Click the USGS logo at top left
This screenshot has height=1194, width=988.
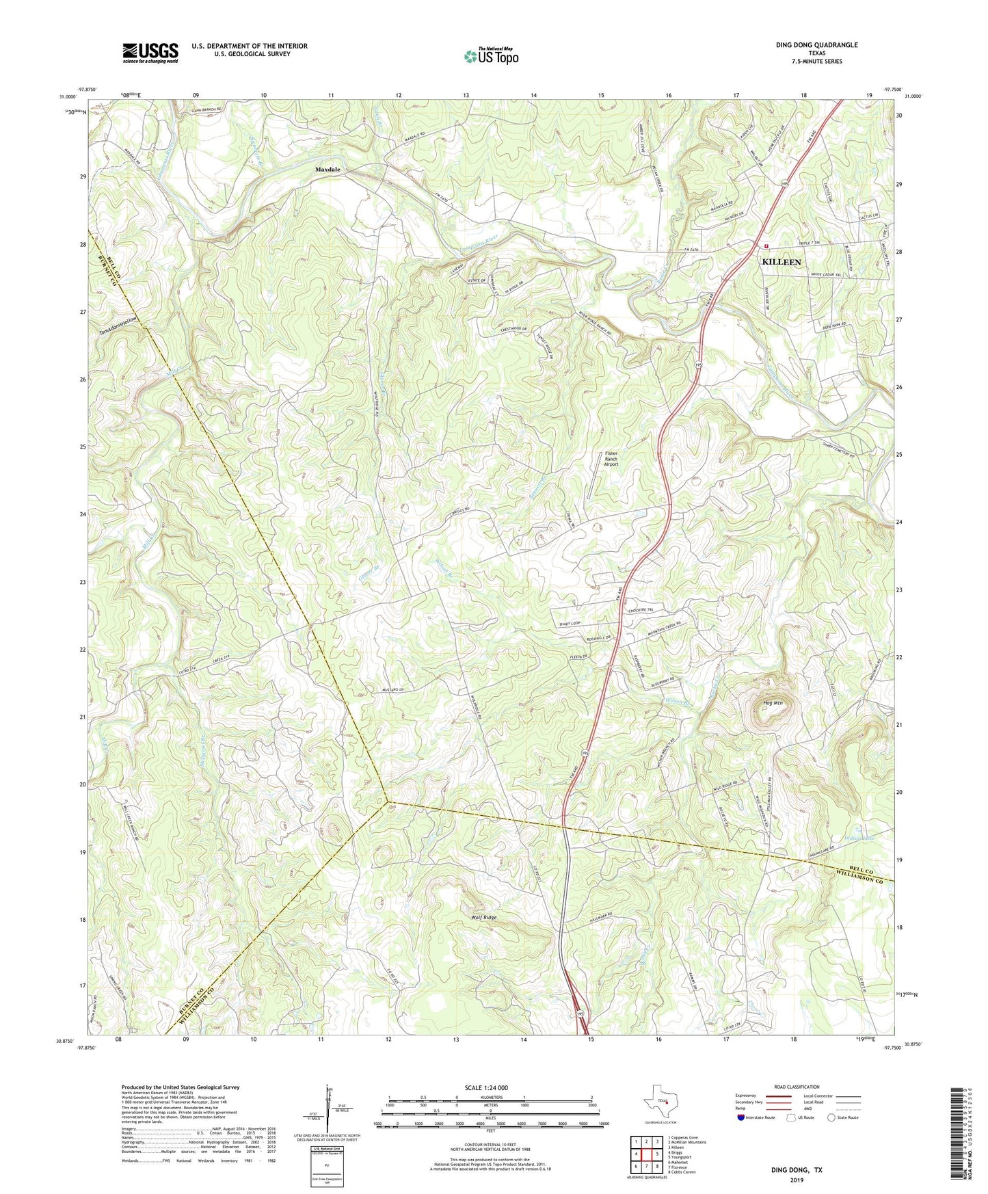pos(150,53)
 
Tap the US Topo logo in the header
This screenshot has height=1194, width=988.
pos(491,56)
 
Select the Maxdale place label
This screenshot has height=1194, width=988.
pos(328,169)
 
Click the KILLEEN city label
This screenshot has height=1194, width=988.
pos(781,262)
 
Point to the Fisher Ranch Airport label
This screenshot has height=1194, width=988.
pos(611,458)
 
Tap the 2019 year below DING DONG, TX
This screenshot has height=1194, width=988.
pos(797,1180)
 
